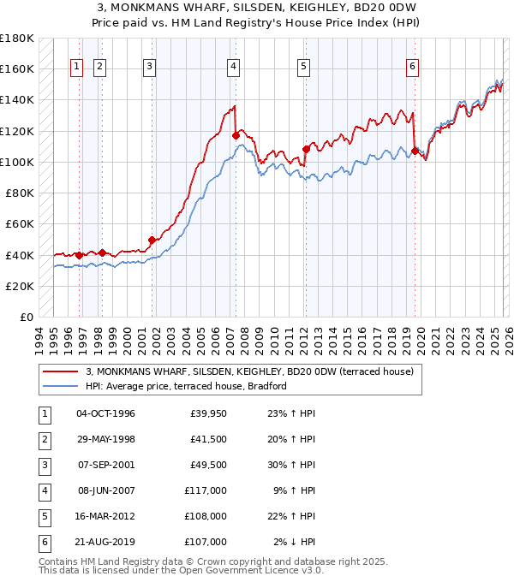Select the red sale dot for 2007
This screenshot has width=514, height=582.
point(235,134)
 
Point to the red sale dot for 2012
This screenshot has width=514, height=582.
point(306,149)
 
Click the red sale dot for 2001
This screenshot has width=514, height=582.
point(152,241)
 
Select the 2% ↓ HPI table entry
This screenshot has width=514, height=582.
point(294,542)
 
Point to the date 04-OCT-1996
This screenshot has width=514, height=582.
point(105,413)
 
